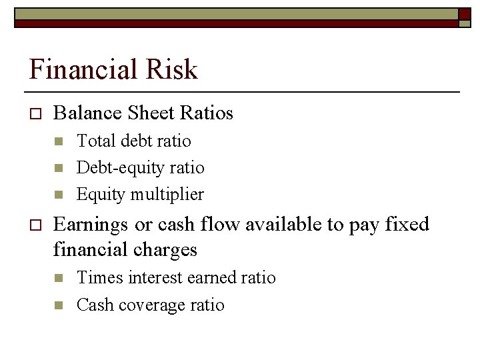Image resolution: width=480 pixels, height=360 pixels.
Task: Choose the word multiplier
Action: tap(167, 195)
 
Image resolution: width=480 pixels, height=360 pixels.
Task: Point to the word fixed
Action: tap(407, 224)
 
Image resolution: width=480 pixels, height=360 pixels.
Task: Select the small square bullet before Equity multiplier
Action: tap(58, 195)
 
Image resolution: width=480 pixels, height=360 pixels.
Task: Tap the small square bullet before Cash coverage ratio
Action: tap(58, 305)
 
